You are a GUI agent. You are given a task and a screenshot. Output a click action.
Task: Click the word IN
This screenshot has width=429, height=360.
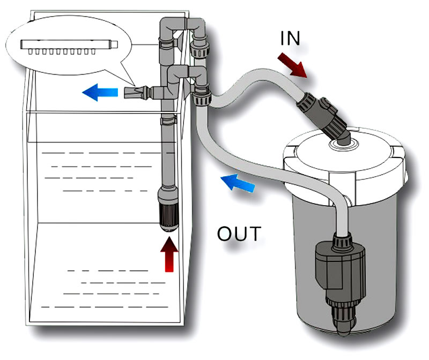290,38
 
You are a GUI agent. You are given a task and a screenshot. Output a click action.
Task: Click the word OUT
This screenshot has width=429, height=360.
239,234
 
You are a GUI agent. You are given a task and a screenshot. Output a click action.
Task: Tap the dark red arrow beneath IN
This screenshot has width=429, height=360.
292,65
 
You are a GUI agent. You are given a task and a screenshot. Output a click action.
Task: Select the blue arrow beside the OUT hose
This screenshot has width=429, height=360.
238,183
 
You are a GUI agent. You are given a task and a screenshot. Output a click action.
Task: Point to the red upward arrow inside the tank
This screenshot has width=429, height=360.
169,254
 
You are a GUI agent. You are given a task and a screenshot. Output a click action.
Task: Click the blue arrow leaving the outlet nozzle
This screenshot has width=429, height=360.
100,92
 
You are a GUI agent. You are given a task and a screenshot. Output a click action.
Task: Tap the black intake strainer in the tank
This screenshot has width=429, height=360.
168,216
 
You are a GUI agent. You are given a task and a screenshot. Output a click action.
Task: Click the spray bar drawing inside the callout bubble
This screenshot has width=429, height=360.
69,47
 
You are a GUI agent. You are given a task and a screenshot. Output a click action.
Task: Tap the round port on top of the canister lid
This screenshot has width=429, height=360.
344,144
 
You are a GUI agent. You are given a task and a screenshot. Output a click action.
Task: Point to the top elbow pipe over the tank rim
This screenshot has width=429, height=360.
182,26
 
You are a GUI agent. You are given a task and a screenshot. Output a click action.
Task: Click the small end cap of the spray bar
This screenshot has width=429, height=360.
114,44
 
